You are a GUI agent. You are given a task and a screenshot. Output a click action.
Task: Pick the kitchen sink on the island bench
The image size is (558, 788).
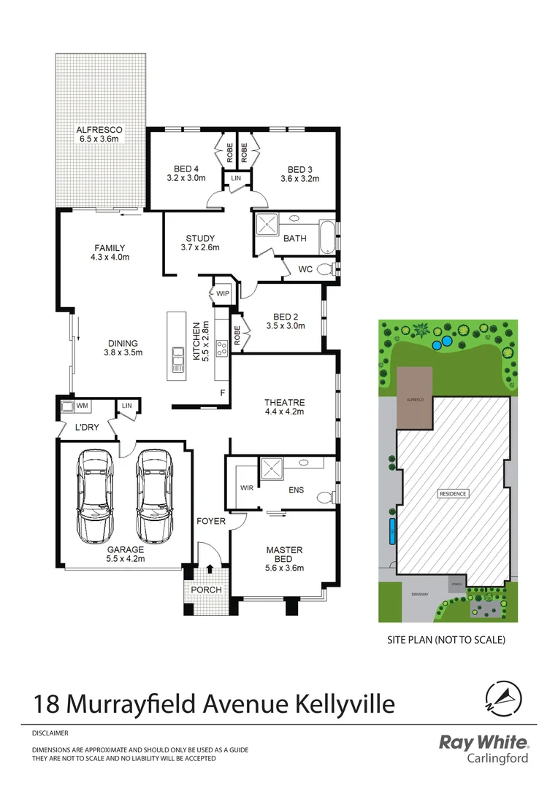click(177, 360)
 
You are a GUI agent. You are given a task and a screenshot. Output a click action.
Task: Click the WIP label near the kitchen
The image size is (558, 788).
click(222, 294)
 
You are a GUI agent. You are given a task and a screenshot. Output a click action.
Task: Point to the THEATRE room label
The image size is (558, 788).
click(284, 402)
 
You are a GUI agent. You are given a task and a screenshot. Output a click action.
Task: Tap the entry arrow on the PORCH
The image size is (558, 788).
click(210, 568)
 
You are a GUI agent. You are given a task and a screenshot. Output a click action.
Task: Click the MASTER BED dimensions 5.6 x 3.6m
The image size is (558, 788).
click(284, 568)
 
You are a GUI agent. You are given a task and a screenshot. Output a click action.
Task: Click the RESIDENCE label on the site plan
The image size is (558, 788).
click(452, 494)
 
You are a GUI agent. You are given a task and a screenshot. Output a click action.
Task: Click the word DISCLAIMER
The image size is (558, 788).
click(50, 732)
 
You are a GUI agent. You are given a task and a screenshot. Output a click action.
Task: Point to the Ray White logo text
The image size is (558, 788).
click(483, 743)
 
